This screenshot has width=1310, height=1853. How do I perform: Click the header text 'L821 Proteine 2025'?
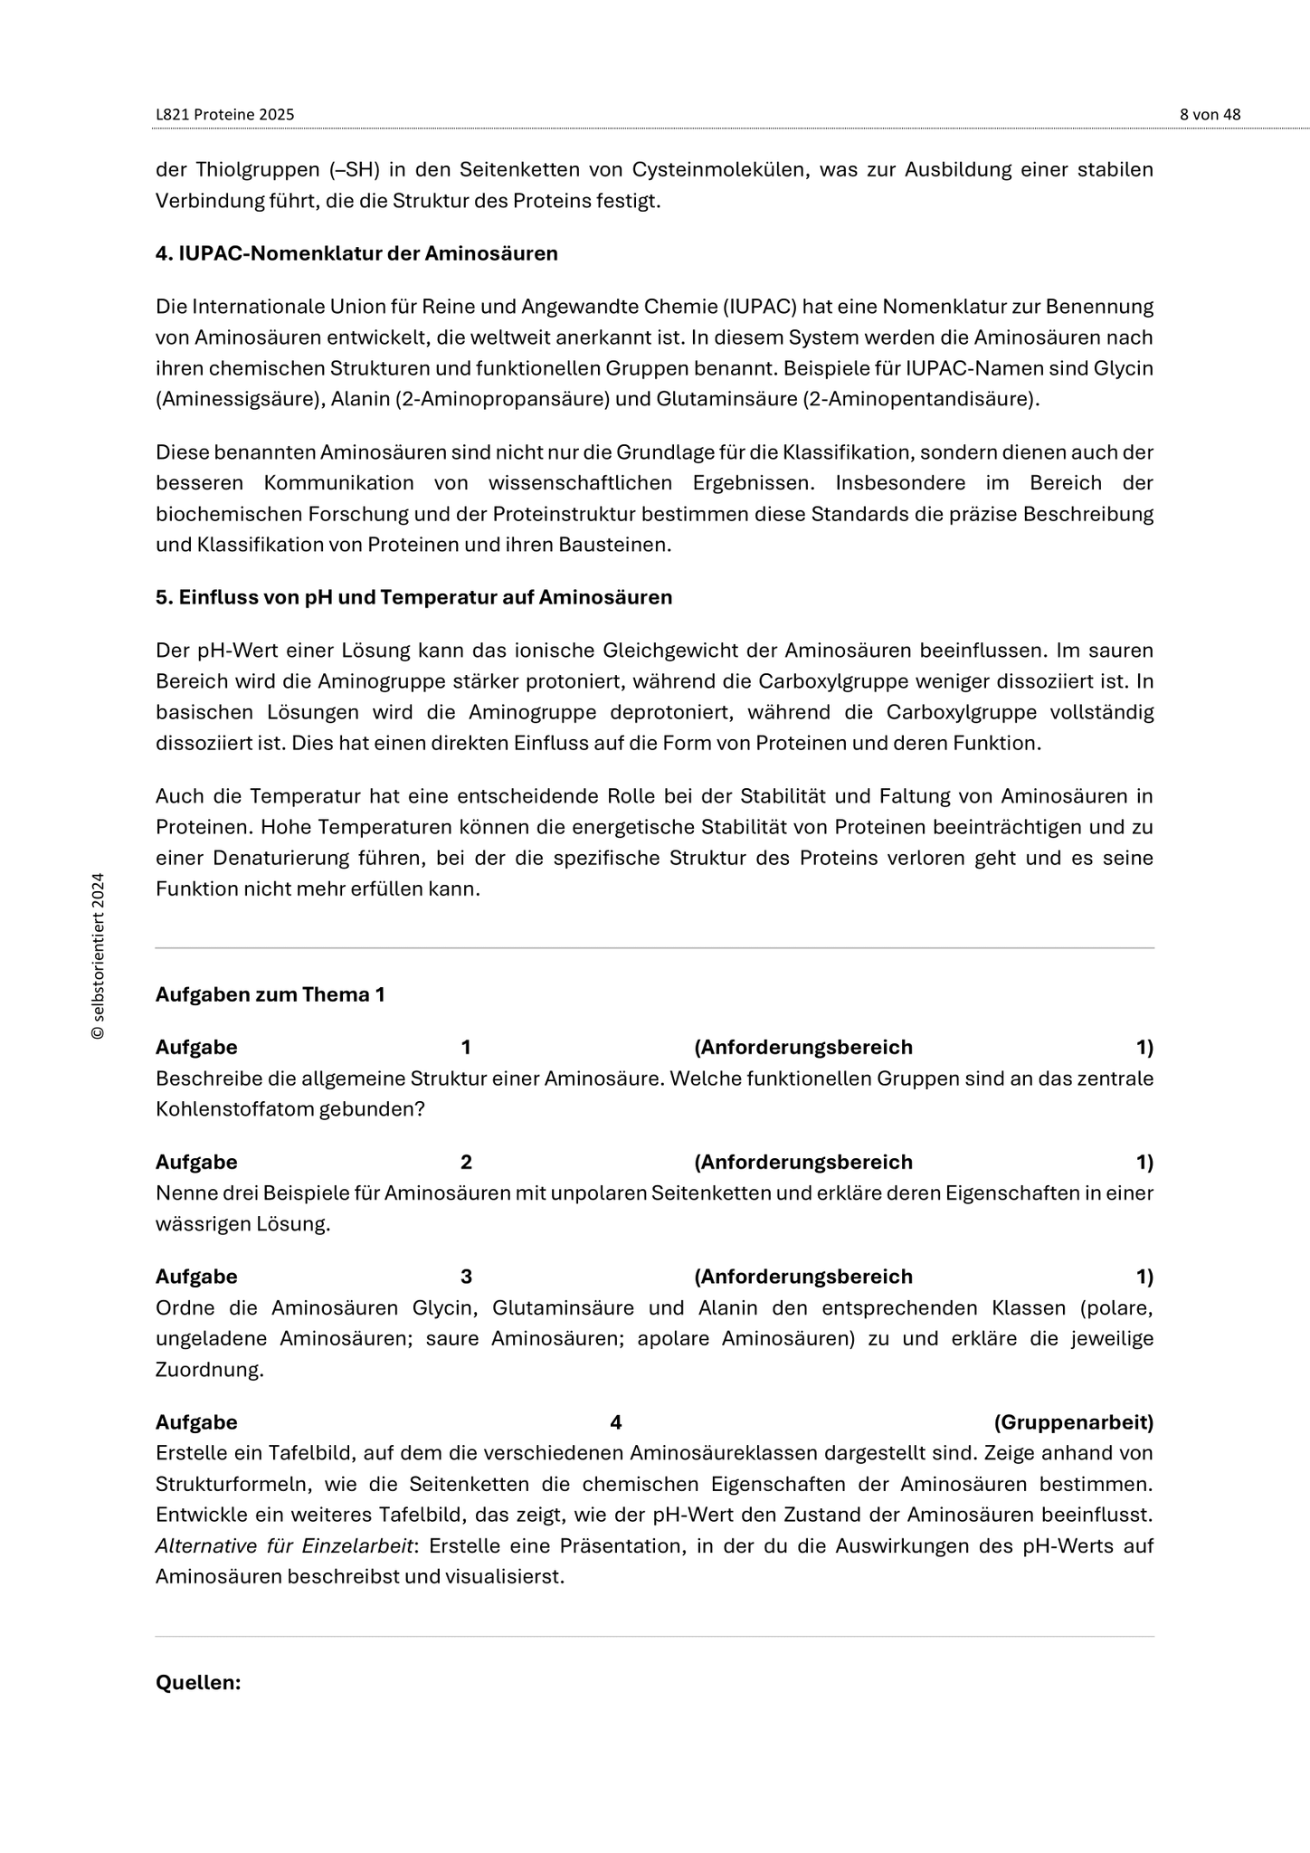[225, 115]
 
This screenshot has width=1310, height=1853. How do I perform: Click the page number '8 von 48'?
[1210, 115]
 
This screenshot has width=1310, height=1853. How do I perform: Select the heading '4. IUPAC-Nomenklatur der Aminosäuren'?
[356, 254]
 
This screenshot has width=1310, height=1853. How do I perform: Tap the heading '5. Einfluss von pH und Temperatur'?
[413, 598]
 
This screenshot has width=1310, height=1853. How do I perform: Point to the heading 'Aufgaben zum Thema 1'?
[271, 995]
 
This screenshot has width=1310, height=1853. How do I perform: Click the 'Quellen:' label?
[198, 1683]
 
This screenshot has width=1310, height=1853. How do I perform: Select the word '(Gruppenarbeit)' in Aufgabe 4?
[1073, 1422]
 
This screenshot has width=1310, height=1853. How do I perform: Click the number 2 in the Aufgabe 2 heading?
[466, 1163]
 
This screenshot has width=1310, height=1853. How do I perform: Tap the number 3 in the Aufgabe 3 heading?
[466, 1278]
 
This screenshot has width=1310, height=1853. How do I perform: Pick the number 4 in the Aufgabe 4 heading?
[615, 1422]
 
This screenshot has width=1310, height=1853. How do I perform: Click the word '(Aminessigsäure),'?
[238, 399]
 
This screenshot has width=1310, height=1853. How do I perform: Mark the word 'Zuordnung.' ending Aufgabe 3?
[210, 1370]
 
